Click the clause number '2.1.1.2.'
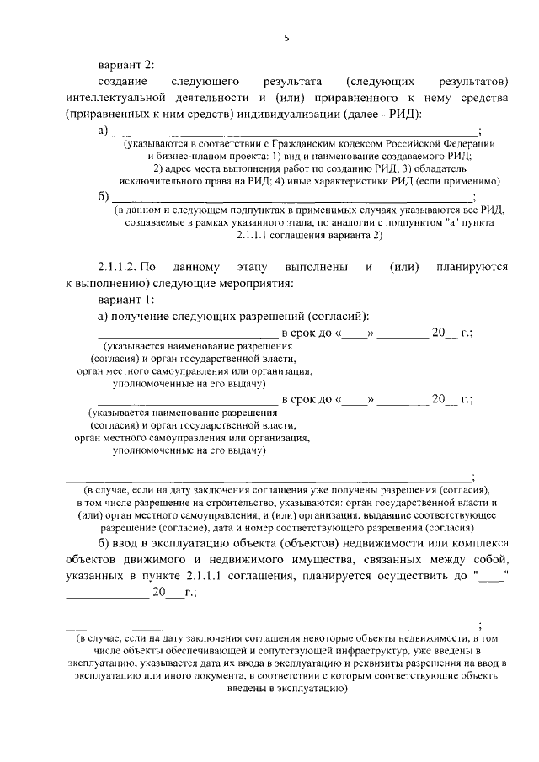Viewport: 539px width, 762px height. pyautogui.click(x=120, y=267)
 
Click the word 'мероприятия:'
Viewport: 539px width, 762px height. pyautogui.click(x=258, y=284)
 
